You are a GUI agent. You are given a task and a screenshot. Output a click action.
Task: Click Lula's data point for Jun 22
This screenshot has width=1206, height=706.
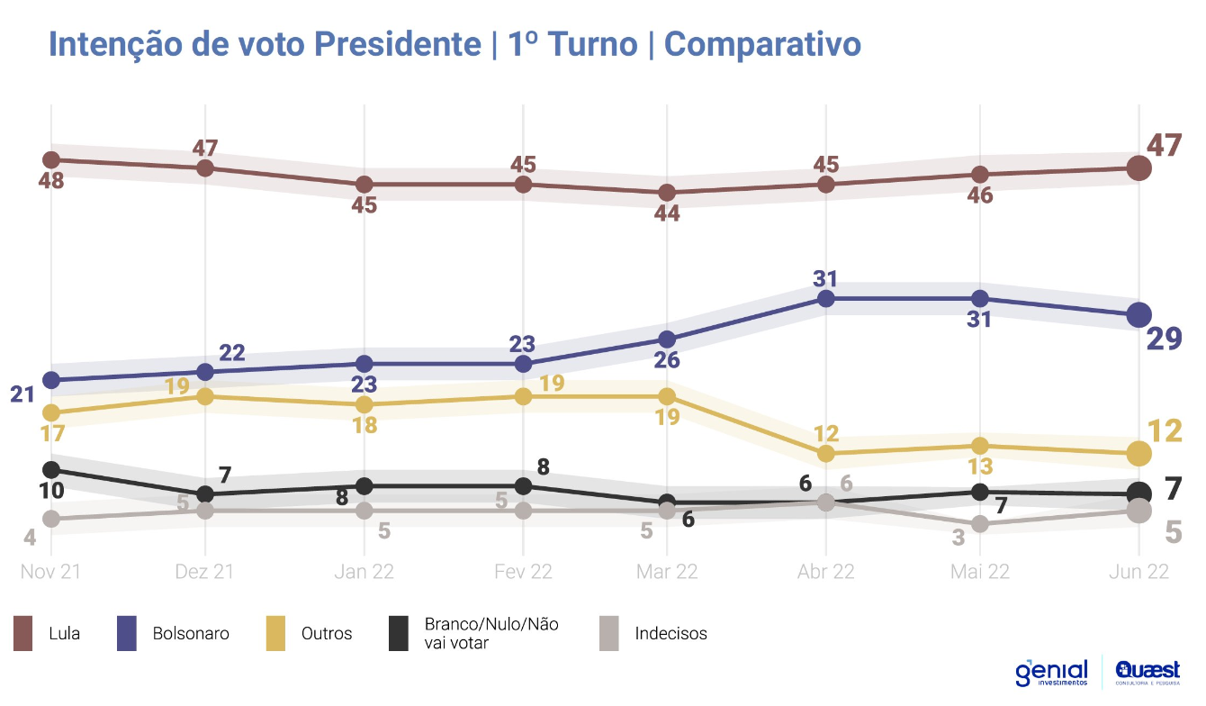tap(1138, 167)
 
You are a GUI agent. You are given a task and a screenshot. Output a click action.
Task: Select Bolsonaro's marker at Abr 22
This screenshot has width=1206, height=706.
tap(825, 298)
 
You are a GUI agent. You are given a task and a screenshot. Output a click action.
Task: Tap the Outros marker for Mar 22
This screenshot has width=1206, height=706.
tap(667, 396)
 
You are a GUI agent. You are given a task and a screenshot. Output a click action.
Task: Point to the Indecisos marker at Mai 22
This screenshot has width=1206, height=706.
tap(980, 524)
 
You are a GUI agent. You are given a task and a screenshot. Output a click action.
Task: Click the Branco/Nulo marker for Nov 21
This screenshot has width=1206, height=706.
tap(51, 470)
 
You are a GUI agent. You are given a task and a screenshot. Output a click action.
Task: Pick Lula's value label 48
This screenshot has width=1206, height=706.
tap(52, 180)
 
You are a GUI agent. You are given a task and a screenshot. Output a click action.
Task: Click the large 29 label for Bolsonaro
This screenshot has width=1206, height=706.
tap(1163, 339)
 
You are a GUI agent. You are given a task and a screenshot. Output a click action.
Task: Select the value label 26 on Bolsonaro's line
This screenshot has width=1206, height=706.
tap(667, 360)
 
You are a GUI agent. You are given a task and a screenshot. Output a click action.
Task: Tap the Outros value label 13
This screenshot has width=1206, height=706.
tap(979, 466)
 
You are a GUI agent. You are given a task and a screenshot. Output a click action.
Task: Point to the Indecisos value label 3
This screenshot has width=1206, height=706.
tap(958, 539)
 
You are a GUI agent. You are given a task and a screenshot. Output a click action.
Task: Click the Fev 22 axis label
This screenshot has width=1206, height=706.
tap(523, 572)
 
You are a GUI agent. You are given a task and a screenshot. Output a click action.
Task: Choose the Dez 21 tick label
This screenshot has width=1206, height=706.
tap(205, 572)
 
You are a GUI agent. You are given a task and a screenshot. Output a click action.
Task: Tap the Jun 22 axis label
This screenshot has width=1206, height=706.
tap(1138, 572)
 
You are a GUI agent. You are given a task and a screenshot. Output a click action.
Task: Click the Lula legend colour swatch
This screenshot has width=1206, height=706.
tap(22, 633)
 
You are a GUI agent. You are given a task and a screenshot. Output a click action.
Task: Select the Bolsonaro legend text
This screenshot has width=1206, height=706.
tap(191, 633)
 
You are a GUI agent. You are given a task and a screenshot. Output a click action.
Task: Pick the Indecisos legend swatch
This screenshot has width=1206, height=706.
tap(608, 633)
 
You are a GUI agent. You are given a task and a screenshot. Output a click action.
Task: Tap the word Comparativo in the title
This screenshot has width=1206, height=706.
tap(762, 43)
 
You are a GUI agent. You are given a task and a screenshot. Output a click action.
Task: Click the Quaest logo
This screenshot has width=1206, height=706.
tap(1147, 672)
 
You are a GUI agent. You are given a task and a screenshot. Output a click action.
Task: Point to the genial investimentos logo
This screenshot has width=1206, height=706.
tap(1051, 673)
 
